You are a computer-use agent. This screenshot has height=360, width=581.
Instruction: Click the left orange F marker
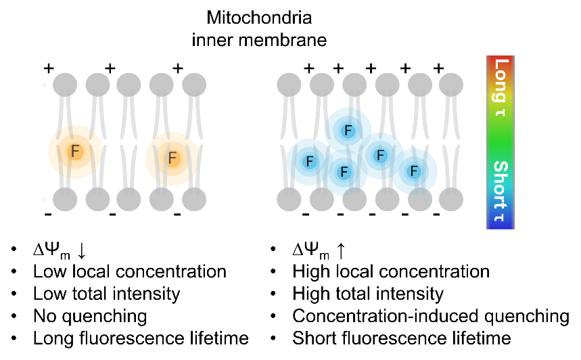pyautogui.click(x=74, y=152)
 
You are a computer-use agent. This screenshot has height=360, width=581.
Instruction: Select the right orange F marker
pyautogui.click(x=172, y=158)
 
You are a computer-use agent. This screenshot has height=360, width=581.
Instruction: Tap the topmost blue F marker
pyautogui.click(x=348, y=131)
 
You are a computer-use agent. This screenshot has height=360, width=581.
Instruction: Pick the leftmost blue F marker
pyautogui.click(x=309, y=162)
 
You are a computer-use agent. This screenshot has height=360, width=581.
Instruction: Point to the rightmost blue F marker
pyautogui.click(x=413, y=171)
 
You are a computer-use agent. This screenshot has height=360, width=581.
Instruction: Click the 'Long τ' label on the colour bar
pyautogui.click(x=501, y=88)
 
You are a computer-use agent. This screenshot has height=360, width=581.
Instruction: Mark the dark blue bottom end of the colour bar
pyautogui.click(x=501, y=225)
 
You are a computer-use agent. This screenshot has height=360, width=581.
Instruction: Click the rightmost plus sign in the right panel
pyautogui.click(x=438, y=68)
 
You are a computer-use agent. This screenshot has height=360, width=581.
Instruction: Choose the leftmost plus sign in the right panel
pyautogui.click(x=309, y=68)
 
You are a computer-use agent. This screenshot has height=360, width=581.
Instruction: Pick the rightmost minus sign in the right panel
pyautogui.click(x=436, y=215)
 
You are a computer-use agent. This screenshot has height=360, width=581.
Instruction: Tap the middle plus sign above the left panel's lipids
pyautogui.click(x=110, y=68)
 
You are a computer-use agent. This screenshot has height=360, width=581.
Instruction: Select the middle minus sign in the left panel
pyautogui.click(x=112, y=215)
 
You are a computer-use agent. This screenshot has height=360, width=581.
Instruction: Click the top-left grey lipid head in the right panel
pyautogui.click(x=289, y=85)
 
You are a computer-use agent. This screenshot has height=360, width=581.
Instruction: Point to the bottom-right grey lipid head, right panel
pyautogui.click(x=451, y=199)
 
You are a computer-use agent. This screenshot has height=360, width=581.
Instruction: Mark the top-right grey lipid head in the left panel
pyautogui.click(x=194, y=85)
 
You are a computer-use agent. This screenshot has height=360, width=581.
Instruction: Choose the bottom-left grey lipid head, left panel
pyautogui.click(x=65, y=199)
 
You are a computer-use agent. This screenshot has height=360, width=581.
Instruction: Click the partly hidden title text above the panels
pyautogui.click(x=259, y=43)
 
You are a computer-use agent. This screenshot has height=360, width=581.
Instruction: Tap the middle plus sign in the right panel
pyautogui.click(x=371, y=68)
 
